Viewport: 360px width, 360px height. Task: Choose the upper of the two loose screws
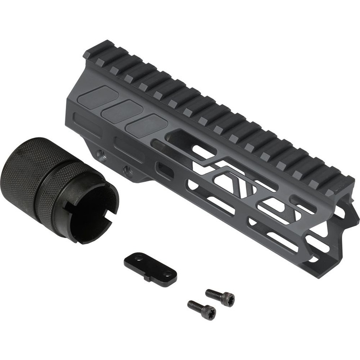[x=220, y=297]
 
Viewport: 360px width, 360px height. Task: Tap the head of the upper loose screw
[x=227, y=299]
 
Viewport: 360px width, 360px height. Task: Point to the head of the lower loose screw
[x=209, y=312]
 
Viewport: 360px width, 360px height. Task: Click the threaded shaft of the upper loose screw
[x=212, y=294]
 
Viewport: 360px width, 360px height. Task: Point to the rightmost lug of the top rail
[x=342, y=180]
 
